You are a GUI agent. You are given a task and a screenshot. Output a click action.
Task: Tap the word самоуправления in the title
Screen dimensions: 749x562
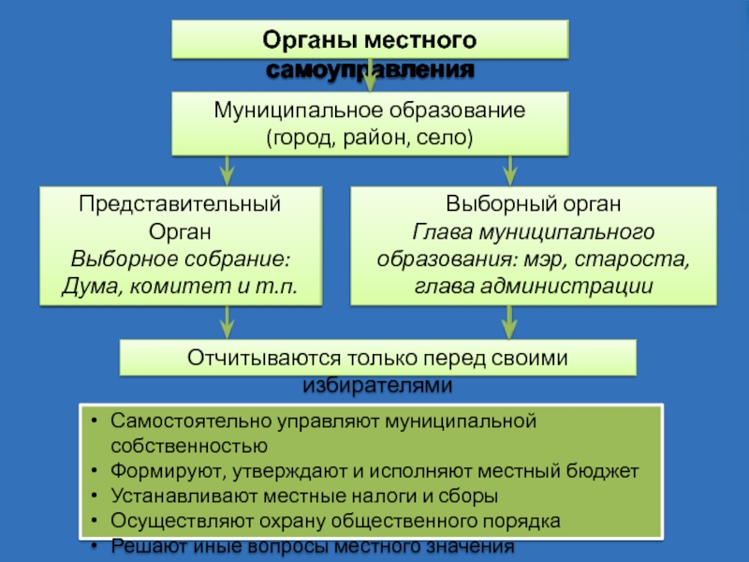click(371, 69)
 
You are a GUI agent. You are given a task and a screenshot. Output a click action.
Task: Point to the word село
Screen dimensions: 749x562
click(444, 138)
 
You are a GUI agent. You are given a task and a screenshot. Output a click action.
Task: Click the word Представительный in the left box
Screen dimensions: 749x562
click(180, 203)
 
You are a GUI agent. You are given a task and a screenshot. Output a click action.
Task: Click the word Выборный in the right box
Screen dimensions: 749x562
click(490, 203)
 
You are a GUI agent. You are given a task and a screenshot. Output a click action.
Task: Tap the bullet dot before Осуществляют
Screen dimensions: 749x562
click(95, 521)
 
